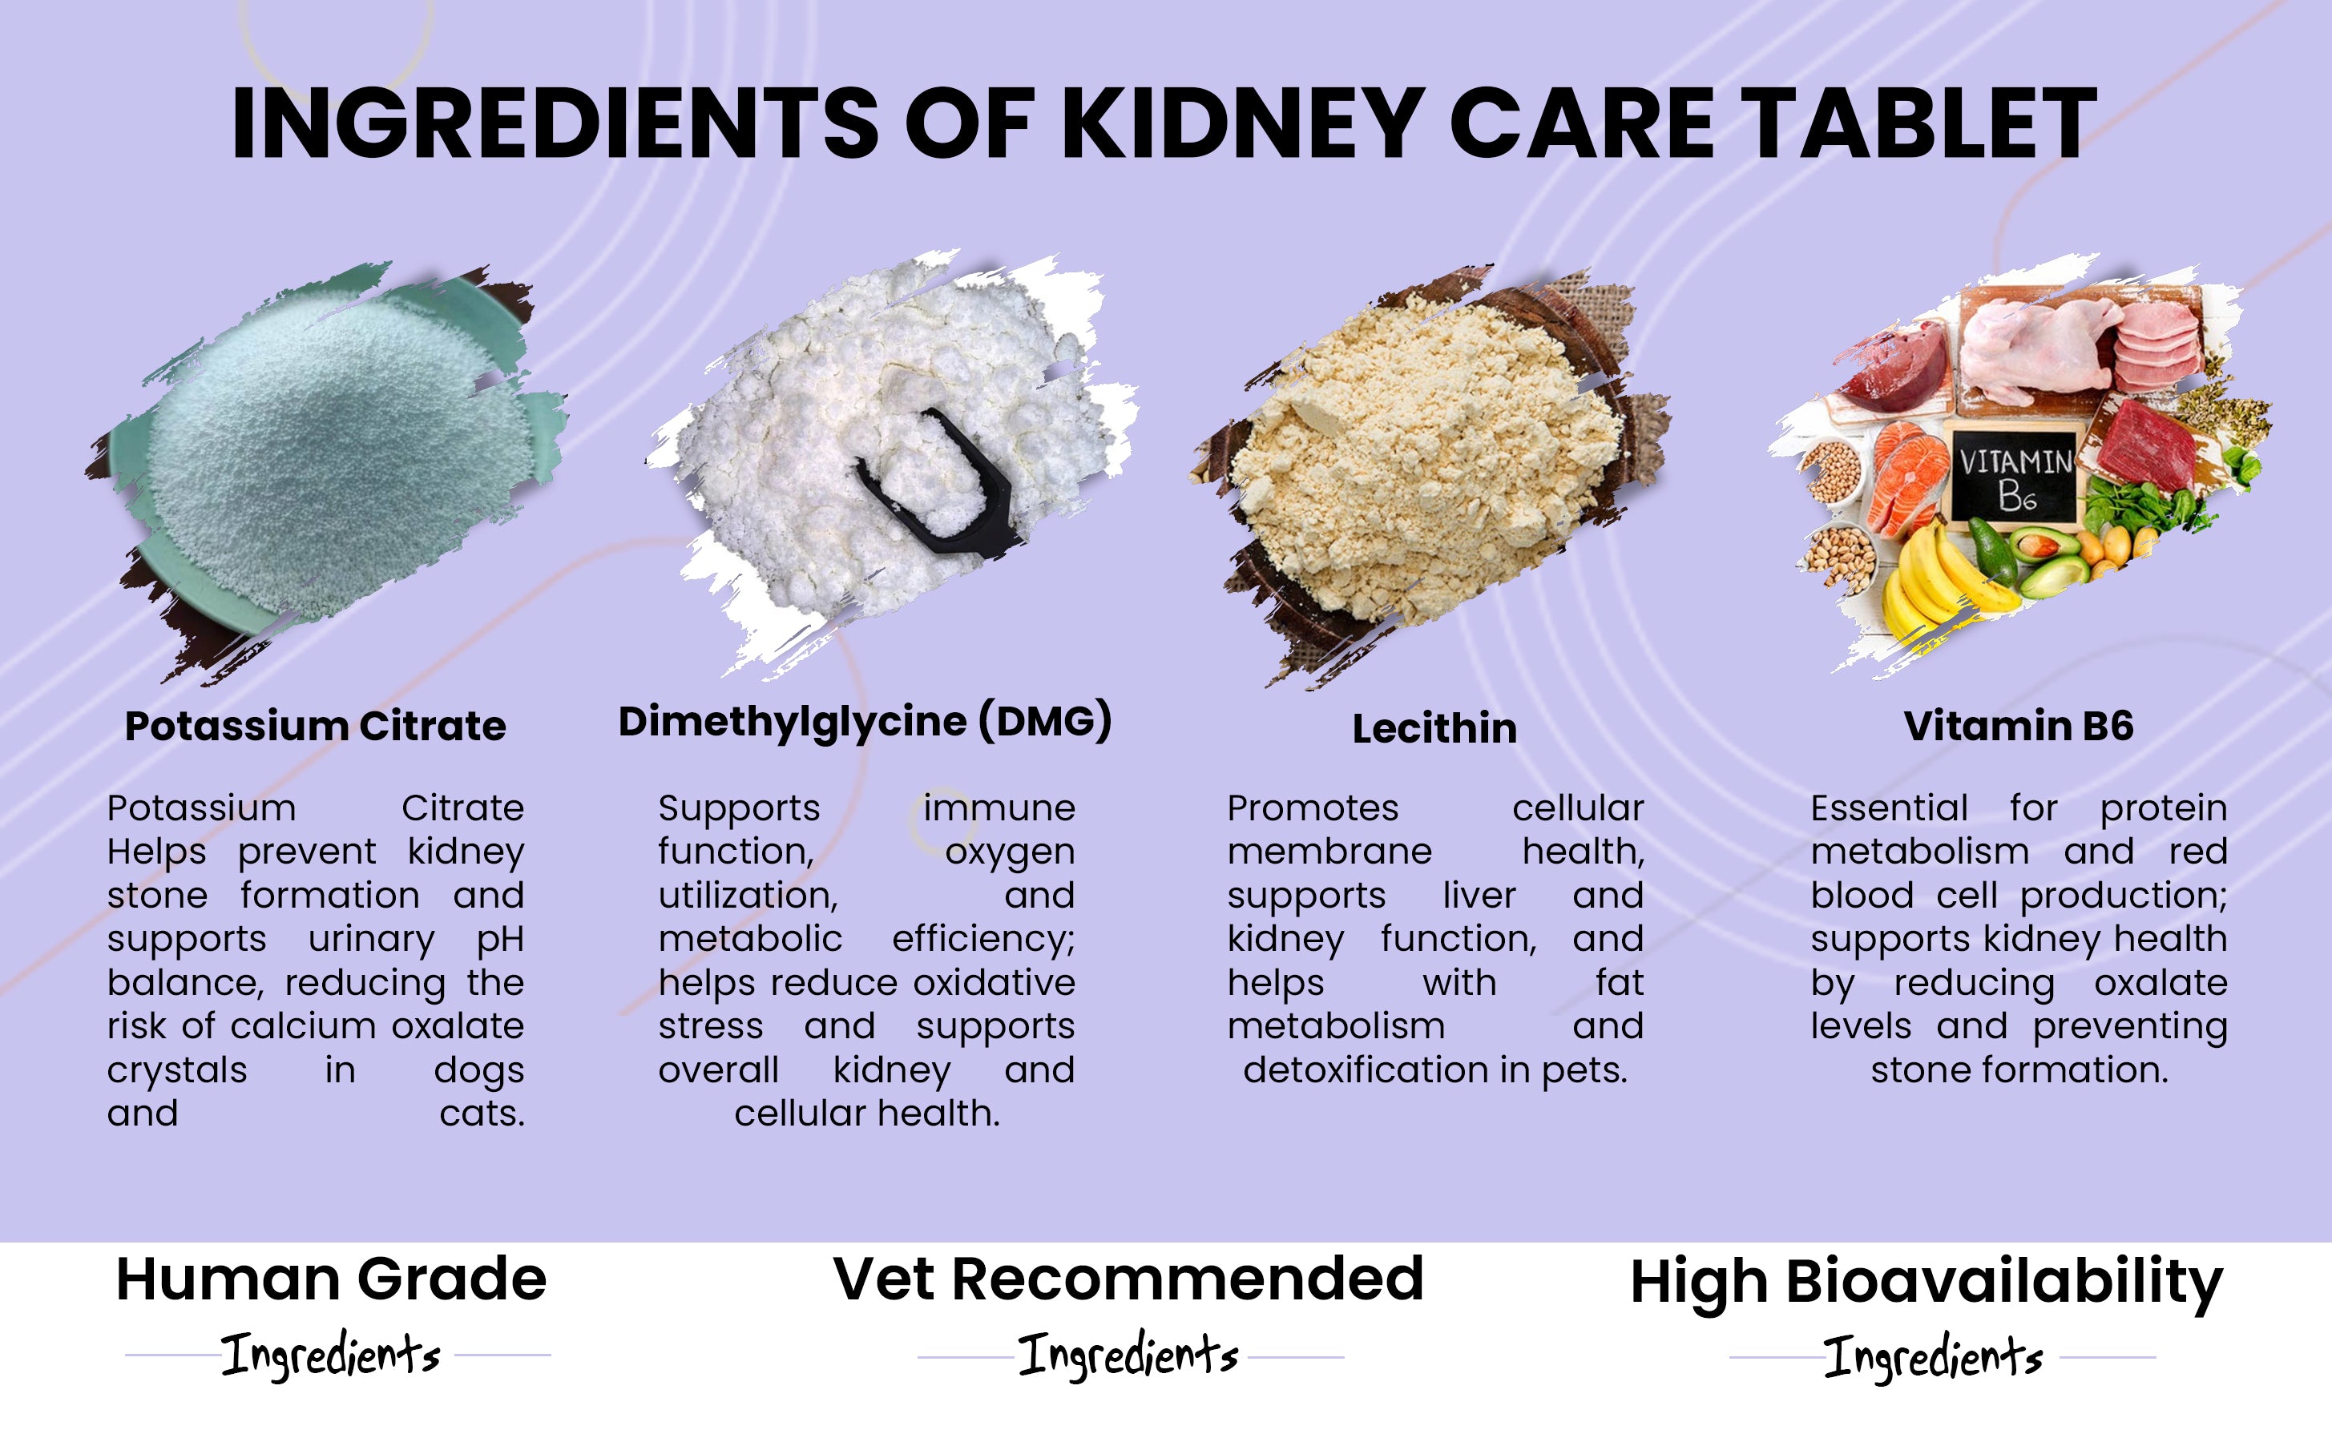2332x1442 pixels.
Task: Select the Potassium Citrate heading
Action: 315,727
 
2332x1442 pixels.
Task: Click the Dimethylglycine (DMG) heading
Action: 865,722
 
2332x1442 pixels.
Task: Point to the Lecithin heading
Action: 1434,729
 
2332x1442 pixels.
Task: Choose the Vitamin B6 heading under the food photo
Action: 2018,726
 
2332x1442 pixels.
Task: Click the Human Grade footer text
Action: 331,1279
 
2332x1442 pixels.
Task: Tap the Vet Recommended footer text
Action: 1128,1279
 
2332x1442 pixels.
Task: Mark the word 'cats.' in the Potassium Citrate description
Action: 482,1113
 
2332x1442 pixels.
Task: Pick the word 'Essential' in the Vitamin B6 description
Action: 1890,808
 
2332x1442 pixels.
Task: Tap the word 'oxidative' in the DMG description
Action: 994,982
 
